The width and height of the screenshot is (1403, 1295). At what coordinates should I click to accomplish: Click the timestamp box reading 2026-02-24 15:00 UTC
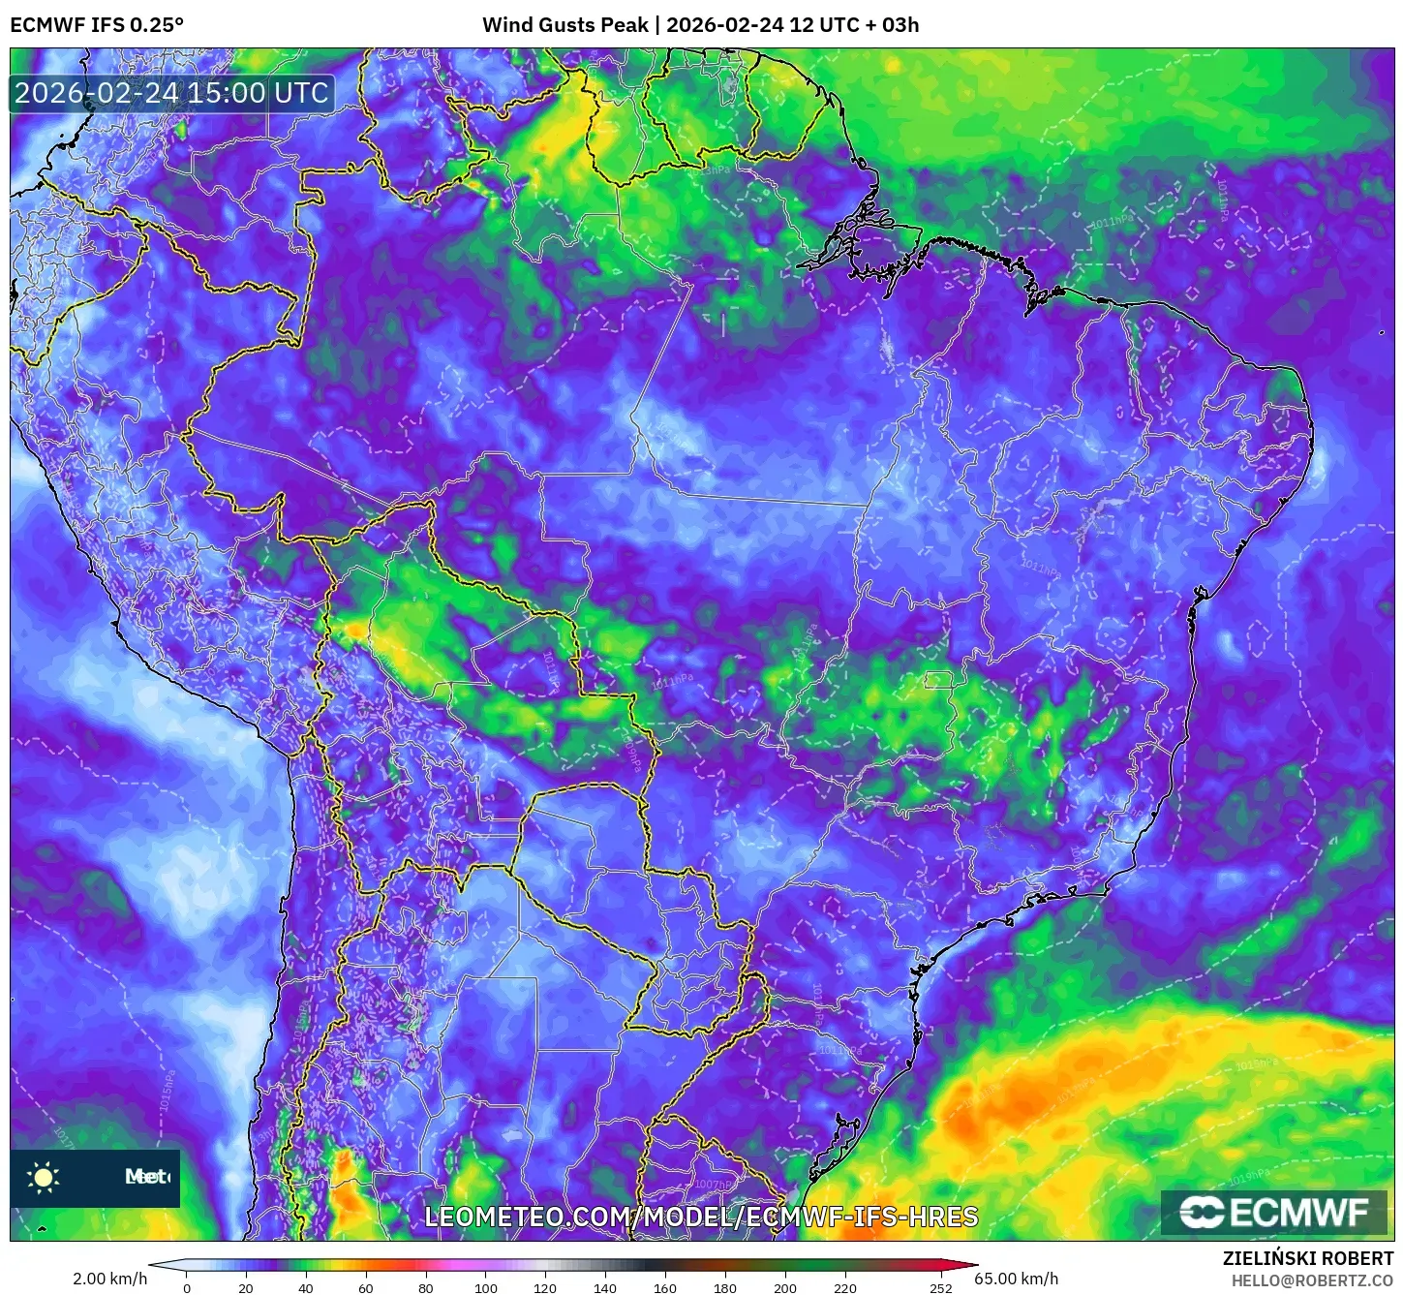(171, 93)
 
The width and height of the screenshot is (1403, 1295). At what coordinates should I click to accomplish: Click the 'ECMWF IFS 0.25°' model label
(97, 25)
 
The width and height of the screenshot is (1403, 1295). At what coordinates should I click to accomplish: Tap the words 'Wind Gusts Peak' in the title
(564, 25)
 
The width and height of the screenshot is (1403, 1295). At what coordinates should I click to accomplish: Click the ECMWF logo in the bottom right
(1273, 1213)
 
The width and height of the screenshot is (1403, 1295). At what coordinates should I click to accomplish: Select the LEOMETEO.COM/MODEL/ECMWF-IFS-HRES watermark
(701, 1217)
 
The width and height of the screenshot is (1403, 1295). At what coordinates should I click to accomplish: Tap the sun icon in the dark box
(44, 1177)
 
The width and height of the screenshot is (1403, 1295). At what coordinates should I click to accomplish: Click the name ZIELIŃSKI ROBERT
(1307, 1259)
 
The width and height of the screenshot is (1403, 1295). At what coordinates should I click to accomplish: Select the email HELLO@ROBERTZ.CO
(1311, 1280)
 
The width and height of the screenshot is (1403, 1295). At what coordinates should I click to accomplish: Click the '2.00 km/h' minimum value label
(109, 1279)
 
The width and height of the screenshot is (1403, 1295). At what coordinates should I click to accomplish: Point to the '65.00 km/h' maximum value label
(1017, 1279)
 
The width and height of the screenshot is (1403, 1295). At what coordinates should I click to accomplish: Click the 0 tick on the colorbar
(187, 1288)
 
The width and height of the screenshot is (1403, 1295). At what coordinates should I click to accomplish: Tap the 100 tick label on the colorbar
(486, 1288)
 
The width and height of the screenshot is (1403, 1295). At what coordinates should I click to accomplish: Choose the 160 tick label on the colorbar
(665, 1288)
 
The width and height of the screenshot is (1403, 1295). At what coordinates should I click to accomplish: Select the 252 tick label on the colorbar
(941, 1288)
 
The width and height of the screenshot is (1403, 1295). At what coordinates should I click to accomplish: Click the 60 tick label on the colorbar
(366, 1288)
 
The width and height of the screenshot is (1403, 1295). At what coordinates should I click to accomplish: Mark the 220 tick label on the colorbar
(845, 1288)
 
